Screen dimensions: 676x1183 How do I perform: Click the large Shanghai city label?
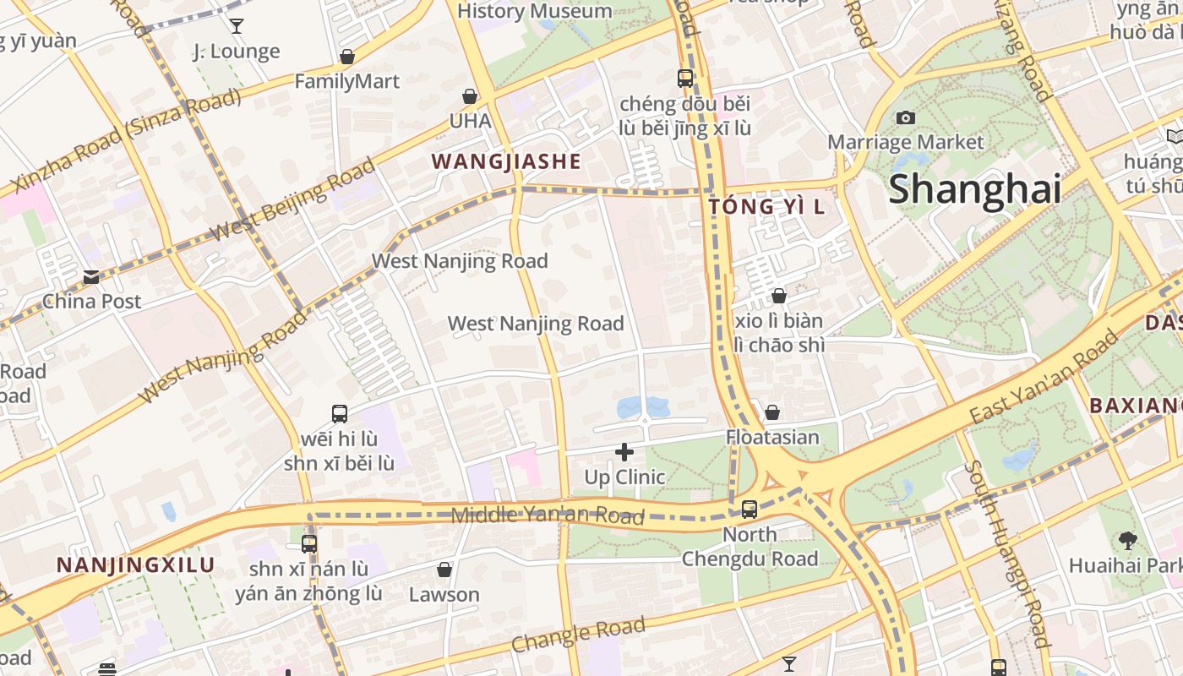click(x=974, y=188)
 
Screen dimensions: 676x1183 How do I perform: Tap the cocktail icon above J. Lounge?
click(x=237, y=26)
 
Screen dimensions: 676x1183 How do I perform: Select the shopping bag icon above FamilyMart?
click(x=346, y=57)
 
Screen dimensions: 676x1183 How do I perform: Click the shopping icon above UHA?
click(x=469, y=97)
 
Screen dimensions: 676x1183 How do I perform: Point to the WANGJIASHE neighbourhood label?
click(x=506, y=161)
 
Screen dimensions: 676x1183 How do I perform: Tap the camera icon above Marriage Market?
click(x=906, y=117)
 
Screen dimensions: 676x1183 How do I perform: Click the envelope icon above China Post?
click(x=91, y=276)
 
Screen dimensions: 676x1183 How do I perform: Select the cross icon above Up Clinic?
click(x=624, y=452)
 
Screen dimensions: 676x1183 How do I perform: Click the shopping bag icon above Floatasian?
click(x=771, y=412)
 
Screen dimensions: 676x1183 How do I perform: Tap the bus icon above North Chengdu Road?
click(x=749, y=509)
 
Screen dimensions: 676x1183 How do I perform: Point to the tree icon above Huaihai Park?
click(x=1127, y=540)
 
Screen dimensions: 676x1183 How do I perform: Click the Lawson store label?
click(x=444, y=594)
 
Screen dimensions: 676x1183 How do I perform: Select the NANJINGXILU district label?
click(x=135, y=564)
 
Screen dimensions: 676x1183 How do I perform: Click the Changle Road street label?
click(x=578, y=634)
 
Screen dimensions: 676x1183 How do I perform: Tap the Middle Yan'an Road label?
click(x=548, y=515)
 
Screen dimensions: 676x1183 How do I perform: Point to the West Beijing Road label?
click(x=292, y=199)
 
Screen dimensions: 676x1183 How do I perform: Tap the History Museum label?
click(x=534, y=11)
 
